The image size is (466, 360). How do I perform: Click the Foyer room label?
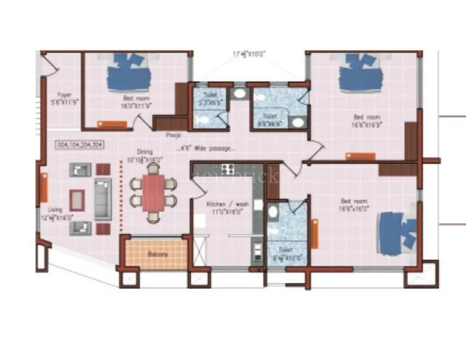click(x=64, y=98)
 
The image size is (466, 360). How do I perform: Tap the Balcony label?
click(x=157, y=254)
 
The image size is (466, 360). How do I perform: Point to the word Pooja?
click(x=174, y=136)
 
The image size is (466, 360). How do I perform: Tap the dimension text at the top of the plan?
click(x=249, y=53)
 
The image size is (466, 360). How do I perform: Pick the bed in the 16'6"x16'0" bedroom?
click(x=397, y=231)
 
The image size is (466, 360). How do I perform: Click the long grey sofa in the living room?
click(x=103, y=199)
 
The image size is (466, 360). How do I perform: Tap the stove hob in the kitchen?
click(x=228, y=169)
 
